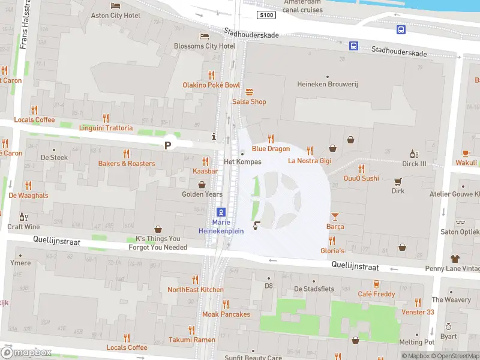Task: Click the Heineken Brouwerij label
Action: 328,85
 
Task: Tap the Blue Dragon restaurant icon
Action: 271,138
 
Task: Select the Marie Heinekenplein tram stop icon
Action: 221,212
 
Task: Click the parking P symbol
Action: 168,145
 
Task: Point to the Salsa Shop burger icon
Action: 250,92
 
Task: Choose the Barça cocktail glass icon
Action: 335,216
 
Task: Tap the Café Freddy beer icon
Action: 376,284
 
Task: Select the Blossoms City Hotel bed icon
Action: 204,36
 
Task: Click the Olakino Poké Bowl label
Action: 211,85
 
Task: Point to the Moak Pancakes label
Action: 226,314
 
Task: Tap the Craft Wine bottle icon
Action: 23,217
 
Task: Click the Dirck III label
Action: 414,163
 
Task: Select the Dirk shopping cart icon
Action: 398,181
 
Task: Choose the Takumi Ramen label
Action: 191,340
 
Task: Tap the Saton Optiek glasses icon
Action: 460,222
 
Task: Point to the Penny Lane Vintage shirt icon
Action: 454,259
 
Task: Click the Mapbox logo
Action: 26,353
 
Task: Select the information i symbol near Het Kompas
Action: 214,136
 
